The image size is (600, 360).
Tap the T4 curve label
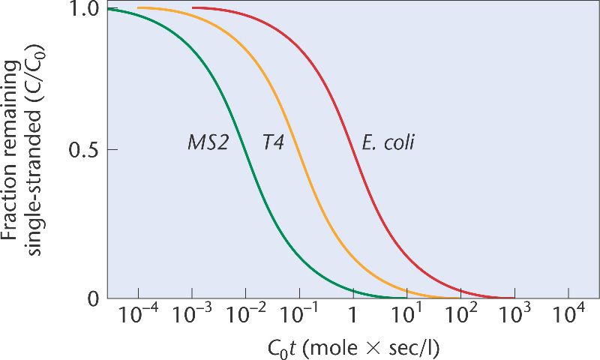tap(272, 142)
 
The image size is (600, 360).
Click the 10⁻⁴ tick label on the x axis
tap(138, 318)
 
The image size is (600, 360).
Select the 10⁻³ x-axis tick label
tap(191, 318)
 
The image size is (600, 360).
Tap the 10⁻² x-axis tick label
tap(245, 318)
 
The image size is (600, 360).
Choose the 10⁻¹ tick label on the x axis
tap(299, 318)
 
